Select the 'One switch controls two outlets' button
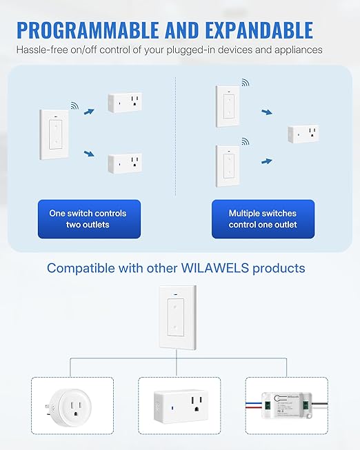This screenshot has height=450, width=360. [x=88, y=219]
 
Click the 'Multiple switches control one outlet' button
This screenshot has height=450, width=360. [x=263, y=219]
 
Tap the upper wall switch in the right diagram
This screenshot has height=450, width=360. [x=227, y=107]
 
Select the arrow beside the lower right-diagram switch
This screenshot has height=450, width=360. [x=266, y=161]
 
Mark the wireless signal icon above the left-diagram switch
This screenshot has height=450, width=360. [x=74, y=106]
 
